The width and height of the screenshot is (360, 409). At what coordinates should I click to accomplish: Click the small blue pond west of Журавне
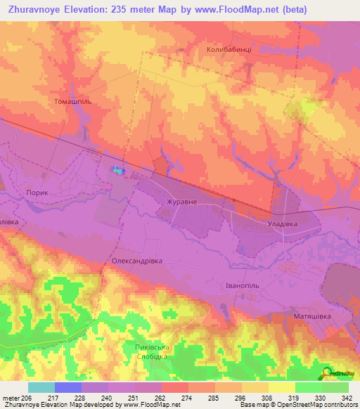pos(117,169)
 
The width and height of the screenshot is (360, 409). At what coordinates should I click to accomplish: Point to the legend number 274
pos(188,398)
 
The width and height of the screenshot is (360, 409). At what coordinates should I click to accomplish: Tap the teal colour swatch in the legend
pos(41,387)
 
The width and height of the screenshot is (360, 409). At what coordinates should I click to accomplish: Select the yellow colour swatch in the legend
pos(281,387)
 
